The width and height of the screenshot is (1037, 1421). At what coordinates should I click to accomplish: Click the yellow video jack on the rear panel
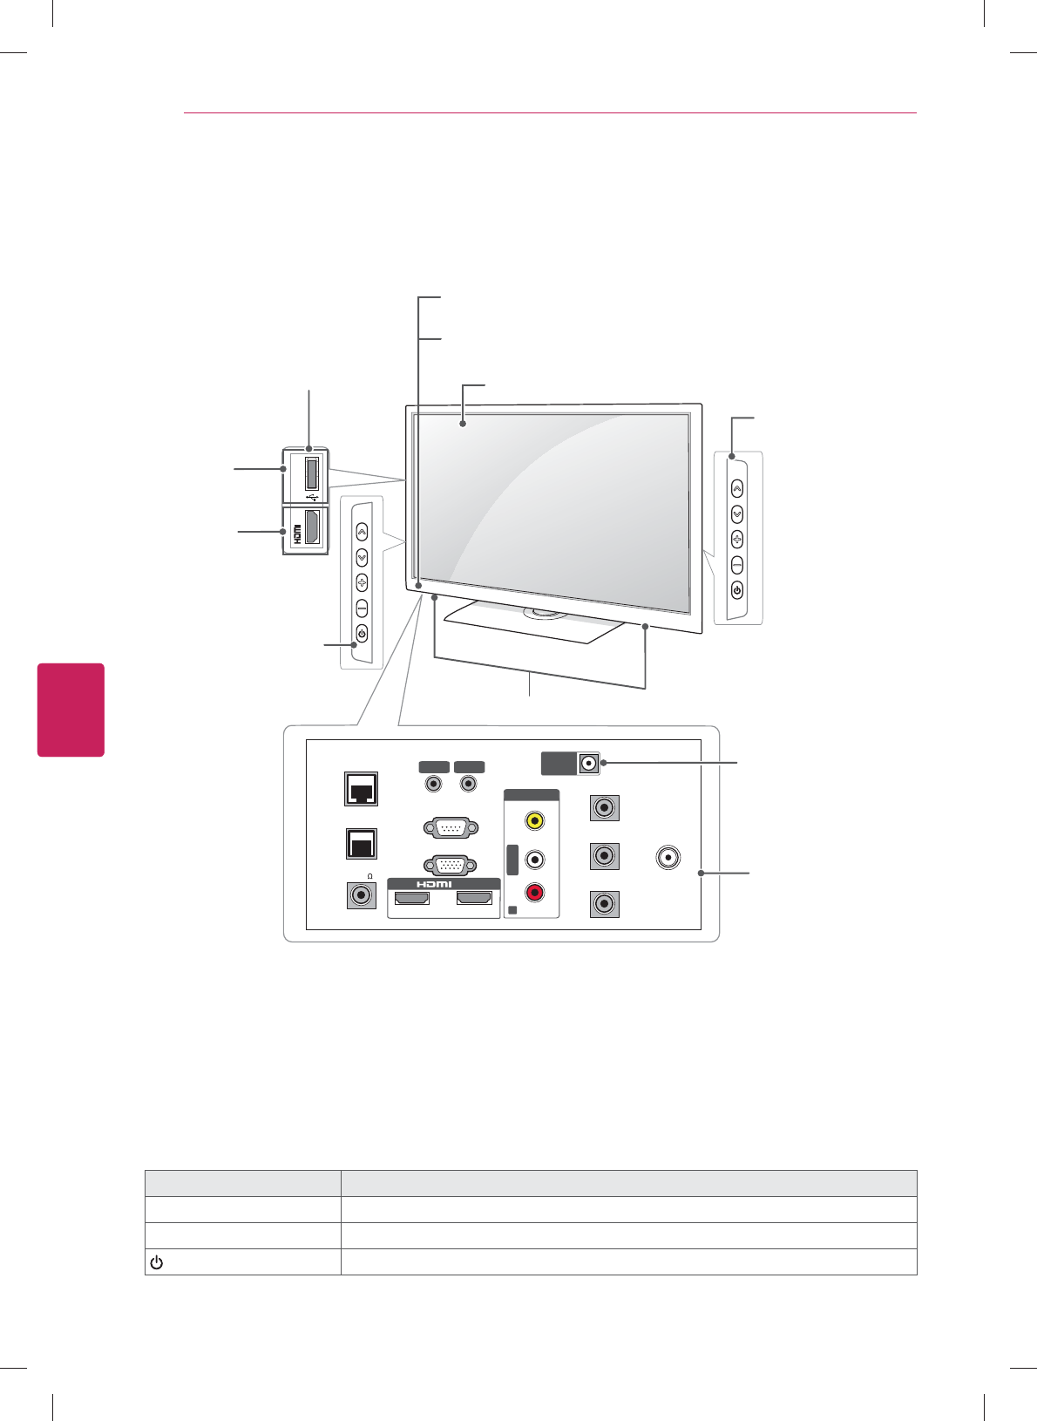[535, 820]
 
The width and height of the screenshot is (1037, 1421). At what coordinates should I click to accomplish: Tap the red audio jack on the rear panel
[535, 892]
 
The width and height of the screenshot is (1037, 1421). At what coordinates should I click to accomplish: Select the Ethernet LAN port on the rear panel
[362, 789]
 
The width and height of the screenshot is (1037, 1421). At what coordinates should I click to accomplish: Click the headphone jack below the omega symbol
[361, 895]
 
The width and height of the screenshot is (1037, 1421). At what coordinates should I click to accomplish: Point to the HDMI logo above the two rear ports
[434, 884]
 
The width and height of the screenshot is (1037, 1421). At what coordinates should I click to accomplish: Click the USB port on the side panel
[311, 473]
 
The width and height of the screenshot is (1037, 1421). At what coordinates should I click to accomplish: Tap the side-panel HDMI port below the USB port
[312, 528]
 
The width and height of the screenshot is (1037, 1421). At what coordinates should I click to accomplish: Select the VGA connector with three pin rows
[450, 865]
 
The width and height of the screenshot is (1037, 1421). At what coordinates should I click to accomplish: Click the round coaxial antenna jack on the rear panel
[668, 857]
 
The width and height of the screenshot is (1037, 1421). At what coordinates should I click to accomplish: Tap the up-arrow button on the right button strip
[737, 488]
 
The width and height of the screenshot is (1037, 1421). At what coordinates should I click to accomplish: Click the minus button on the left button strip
[362, 609]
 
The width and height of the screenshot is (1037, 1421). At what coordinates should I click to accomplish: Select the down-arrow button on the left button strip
[362, 557]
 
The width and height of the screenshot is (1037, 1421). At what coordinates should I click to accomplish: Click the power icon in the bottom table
[157, 1262]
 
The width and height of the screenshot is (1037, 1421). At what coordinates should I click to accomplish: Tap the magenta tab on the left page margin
[71, 710]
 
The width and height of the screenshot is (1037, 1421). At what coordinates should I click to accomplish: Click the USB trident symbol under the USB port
[313, 498]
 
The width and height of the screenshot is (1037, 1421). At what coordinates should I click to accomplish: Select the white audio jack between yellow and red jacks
[535, 859]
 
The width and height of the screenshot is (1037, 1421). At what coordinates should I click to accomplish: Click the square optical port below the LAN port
[361, 842]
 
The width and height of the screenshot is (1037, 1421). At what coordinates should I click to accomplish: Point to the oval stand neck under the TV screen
[544, 614]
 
